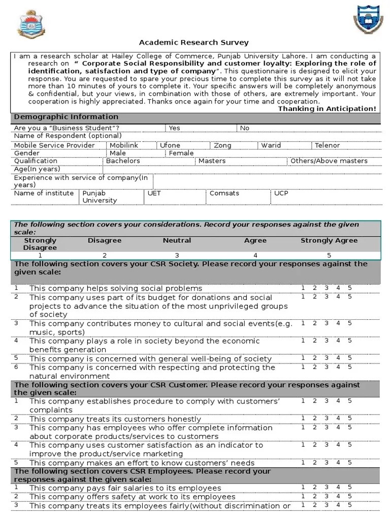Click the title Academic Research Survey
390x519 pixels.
[194, 43]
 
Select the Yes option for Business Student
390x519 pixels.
[174, 128]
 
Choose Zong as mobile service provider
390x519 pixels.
[222, 145]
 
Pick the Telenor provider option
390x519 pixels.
[327, 145]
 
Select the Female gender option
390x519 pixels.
[181, 153]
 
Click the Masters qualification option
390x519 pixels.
[212, 161]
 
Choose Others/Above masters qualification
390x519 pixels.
[329, 161]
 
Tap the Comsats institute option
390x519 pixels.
[224, 193]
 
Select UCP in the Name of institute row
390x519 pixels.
[281, 193]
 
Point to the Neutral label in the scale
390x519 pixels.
[177, 240]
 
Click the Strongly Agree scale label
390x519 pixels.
[329, 240]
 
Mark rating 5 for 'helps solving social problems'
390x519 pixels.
[349, 288]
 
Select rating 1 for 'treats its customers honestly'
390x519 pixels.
[303, 418]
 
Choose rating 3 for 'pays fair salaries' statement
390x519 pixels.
[327, 487]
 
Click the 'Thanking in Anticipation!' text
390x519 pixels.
[327, 108]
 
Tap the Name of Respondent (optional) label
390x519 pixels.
[68, 136]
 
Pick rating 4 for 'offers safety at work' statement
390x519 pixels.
[338, 496]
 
